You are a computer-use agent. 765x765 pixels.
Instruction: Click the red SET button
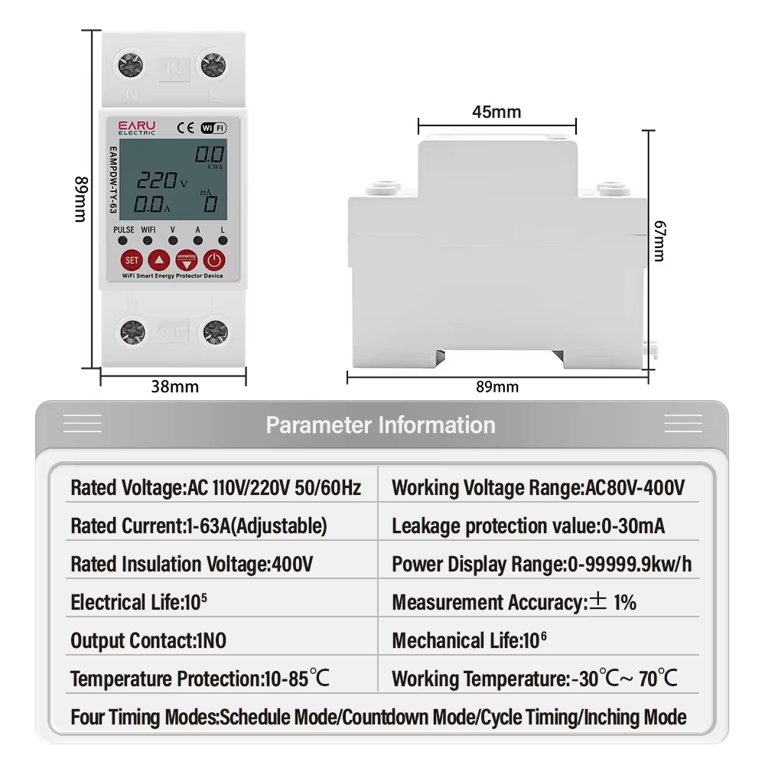(x=132, y=259)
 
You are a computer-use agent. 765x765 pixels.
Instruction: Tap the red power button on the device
(x=215, y=259)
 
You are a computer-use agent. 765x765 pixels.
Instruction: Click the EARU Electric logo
(x=137, y=127)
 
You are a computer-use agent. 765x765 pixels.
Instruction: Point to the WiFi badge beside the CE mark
(x=213, y=128)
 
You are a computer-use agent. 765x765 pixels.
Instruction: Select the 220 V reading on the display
(x=161, y=181)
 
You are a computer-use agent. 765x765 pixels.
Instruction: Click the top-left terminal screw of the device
(x=130, y=66)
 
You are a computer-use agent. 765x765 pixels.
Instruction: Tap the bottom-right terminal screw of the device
(x=214, y=331)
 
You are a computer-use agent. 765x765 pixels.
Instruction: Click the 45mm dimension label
(x=496, y=112)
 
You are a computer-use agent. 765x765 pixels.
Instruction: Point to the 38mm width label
(x=174, y=386)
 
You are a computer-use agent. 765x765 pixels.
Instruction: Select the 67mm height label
(x=659, y=240)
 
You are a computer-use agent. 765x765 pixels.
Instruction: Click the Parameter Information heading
(x=380, y=425)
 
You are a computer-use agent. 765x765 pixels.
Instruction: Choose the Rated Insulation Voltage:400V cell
(x=191, y=565)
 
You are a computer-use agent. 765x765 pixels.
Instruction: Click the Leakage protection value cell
(x=528, y=526)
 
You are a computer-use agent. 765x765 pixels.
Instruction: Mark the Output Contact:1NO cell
(x=148, y=640)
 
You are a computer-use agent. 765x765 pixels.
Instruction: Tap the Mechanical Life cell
(x=470, y=640)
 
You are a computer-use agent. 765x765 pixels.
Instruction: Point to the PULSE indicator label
(x=123, y=229)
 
